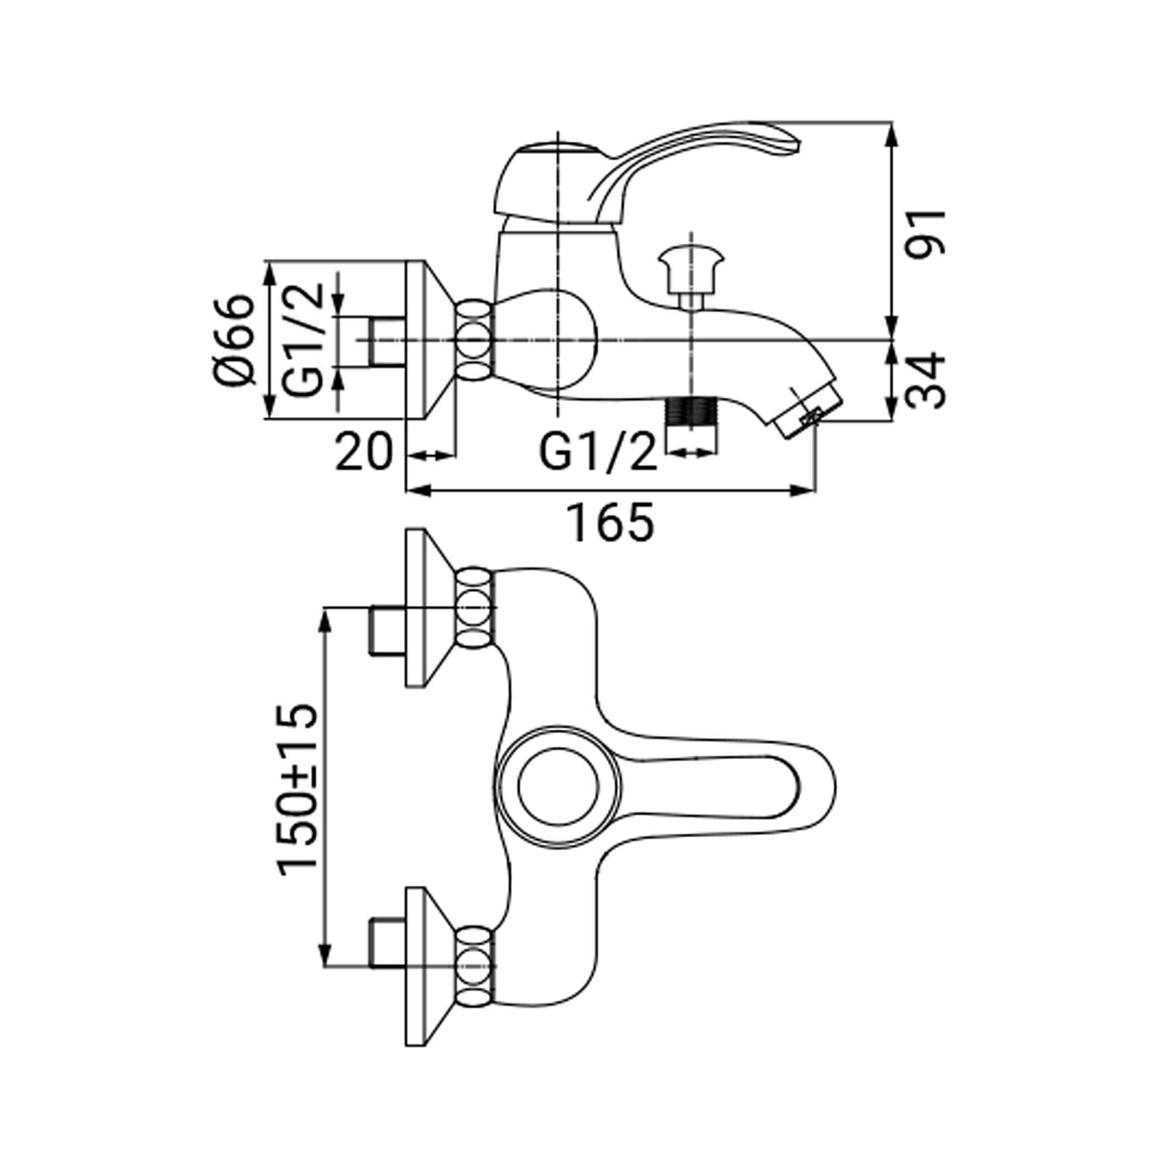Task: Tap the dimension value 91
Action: [926, 233]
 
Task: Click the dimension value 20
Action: [363, 452]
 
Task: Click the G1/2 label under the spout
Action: [598, 452]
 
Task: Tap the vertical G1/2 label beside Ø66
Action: [303, 340]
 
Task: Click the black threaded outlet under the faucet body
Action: [691, 411]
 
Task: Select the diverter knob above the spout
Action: [691, 278]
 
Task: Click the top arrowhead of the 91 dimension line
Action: [893, 135]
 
